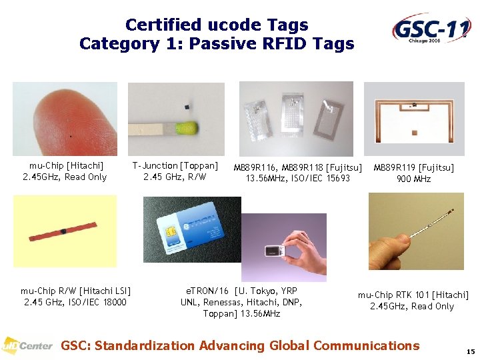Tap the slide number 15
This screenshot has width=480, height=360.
click(x=469, y=351)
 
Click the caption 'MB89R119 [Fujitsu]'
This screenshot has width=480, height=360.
click(x=413, y=167)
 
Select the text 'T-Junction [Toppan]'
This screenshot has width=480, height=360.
click(x=175, y=165)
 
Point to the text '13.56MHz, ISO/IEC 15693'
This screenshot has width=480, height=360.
click(x=298, y=179)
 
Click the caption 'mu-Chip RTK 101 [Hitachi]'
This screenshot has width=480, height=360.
click(x=413, y=295)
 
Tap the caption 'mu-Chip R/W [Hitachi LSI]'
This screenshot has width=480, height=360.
click(x=75, y=291)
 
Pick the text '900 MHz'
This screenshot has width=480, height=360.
click(x=413, y=179)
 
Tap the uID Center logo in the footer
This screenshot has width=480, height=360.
click(x=27, y=345)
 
